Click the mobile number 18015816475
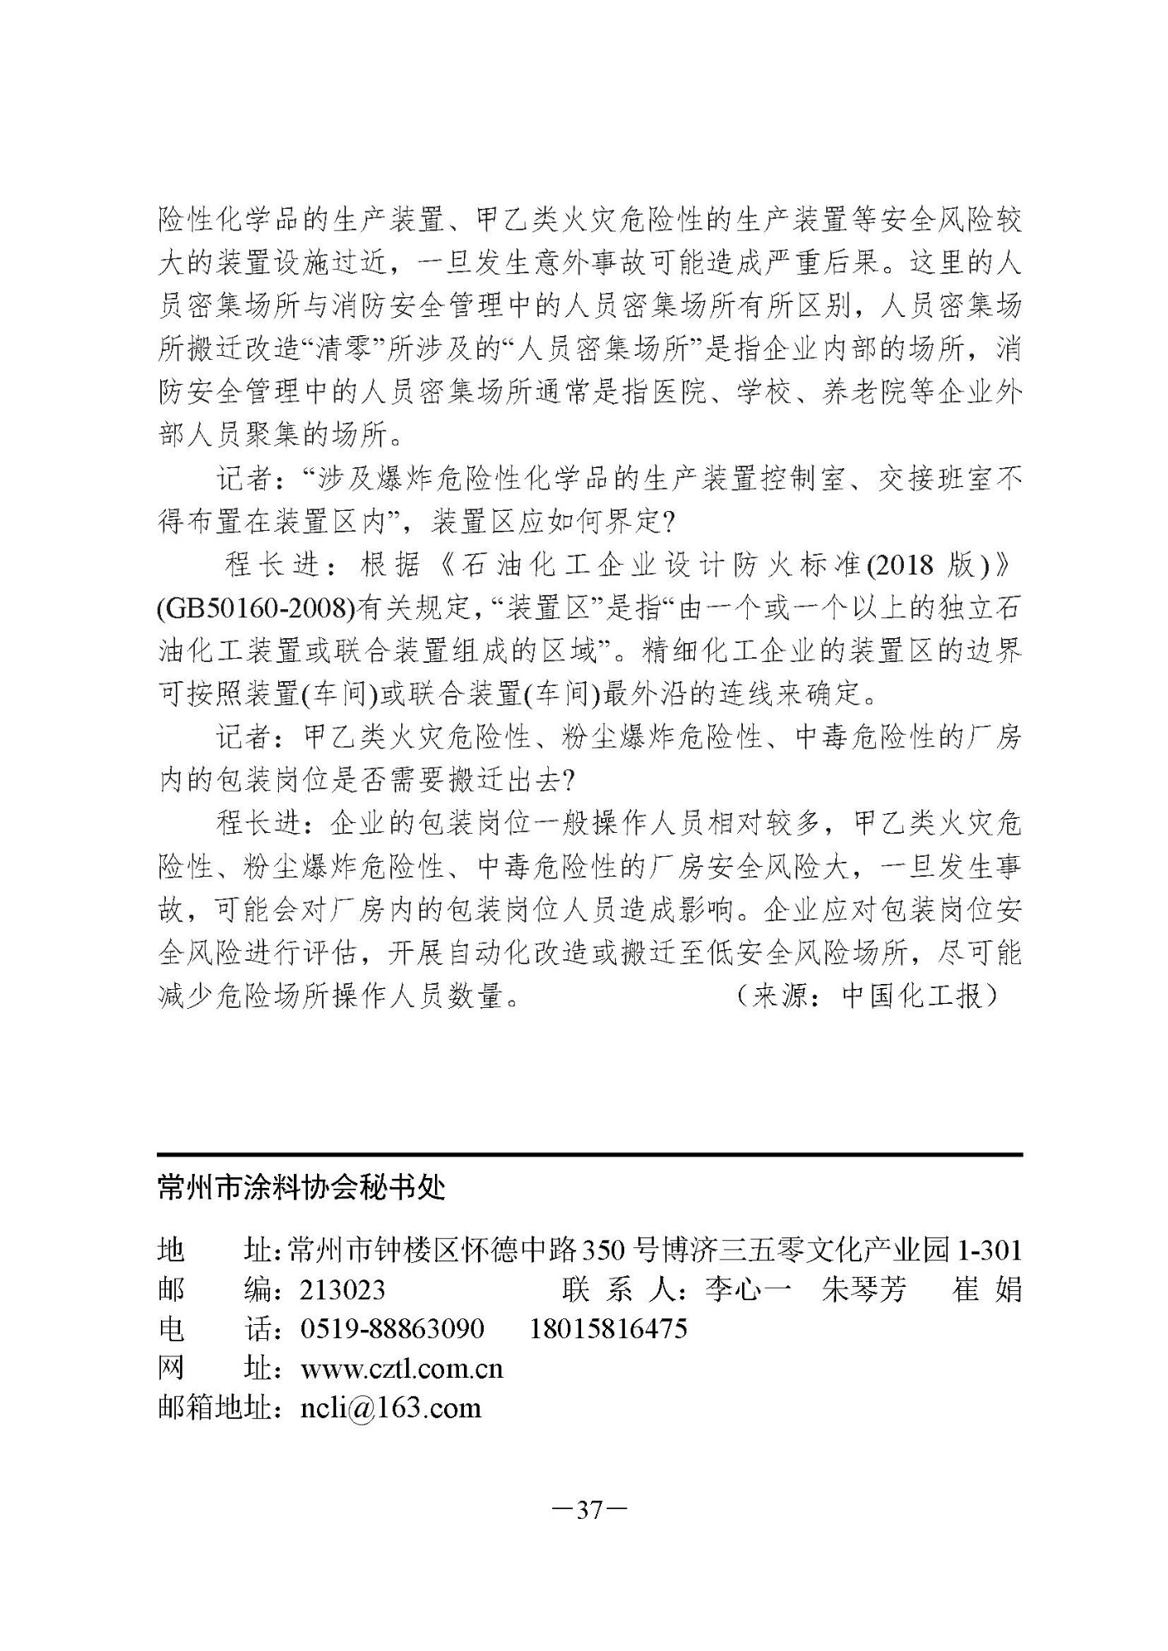pyautogui.click(x=608, y=1329)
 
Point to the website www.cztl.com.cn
pyautogui.click(x=401, y=1369)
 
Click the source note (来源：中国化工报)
pyautogui.click(x=867, y=996)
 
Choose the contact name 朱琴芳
pyautogui.click(x=863, y=1289)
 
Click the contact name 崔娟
pyautogui.click(x=987, y=1289)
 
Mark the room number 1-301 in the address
pyautogui.click(x=988, y=1250)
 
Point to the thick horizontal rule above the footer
pyautogui.click(x=589, y=1154)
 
